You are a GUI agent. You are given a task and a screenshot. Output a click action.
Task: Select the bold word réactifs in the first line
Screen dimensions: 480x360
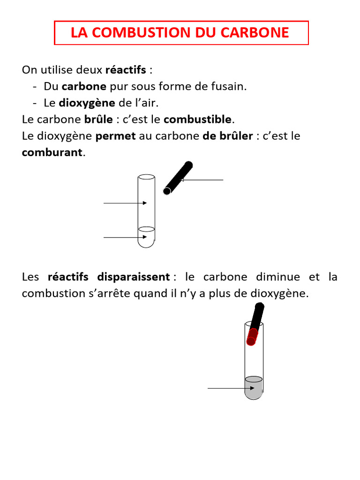tap(126, 70)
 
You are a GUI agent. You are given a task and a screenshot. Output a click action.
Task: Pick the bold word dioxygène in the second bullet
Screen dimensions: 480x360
tap(87, 103)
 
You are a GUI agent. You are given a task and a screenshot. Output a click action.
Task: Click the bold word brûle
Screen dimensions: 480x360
tap(98, 120)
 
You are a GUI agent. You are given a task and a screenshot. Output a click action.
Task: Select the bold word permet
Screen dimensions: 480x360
tap(115, 136)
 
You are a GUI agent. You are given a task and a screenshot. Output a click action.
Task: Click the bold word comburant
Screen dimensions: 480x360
tap(52, 152)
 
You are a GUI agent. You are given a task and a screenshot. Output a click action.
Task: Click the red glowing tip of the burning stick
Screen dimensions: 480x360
tap(252, 337)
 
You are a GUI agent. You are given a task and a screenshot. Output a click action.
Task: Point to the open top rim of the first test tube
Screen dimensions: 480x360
tap(146, 177)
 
